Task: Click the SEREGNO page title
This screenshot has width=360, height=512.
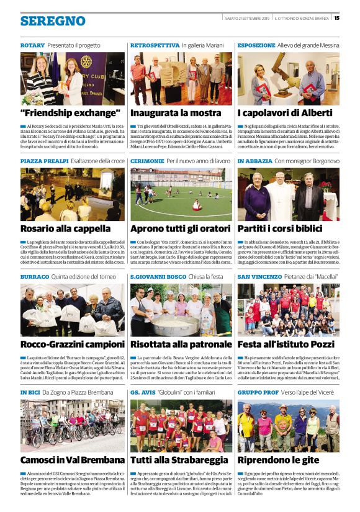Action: (x=53, y=21)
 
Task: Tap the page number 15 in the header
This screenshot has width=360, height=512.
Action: (x=337, y=17)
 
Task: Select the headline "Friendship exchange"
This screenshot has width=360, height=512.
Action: (x=70, y=113)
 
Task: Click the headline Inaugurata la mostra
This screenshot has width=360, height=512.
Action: (x=176, y=113)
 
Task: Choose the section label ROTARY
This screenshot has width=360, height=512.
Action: (x=32, y=45)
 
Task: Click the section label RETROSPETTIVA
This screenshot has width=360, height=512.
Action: (x=155, y=45)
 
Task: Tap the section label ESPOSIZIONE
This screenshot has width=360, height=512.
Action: (x=256, y=45)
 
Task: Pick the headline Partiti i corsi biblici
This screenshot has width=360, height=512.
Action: (x=282, y=228)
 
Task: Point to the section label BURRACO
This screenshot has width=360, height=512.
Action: (x=35, y=276)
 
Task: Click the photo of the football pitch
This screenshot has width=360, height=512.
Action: (x=181, y=194)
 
